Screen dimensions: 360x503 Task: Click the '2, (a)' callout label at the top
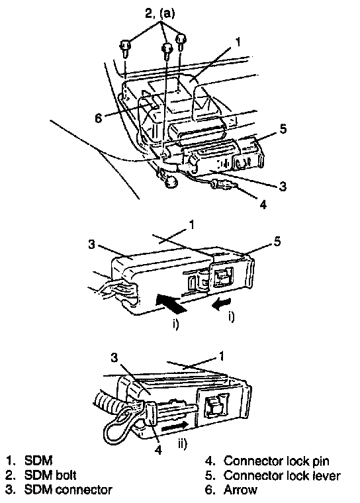(x=159, y=13)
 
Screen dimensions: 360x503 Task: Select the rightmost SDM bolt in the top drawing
(x=181, y=42)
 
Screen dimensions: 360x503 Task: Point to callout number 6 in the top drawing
(x=99, y=118)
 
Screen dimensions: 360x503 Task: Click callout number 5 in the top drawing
(x=283, y=129)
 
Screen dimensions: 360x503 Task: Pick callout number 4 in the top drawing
(x=263, y=205)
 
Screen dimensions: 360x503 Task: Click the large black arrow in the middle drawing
(x=170, y=304)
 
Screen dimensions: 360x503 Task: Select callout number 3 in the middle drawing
(x=92, y=244)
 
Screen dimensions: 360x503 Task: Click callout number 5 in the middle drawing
(x=277, y=241)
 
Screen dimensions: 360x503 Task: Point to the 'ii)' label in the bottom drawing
(x=182, y=444)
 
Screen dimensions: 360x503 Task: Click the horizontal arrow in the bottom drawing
(x=175, y=427)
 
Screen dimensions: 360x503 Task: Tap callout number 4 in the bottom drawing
(x=158, y=450)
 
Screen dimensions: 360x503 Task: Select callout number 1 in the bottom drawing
(x=222, y=356)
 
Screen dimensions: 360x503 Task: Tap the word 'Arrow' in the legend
(x=240, y=490)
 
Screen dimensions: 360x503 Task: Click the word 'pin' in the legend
(x=321, y=461)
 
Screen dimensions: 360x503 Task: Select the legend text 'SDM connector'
(x=68, y=490)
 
